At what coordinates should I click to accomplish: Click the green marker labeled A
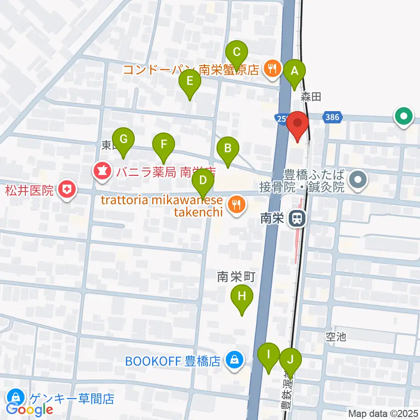[x=294, y=70]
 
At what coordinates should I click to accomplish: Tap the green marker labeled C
[x=237, y=53]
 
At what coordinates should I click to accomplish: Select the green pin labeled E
[x=190, y=81]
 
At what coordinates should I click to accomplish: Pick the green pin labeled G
[x=123, y=140]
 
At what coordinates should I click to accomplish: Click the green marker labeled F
[x=164, y=144]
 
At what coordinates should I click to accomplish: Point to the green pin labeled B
[x=227, y=148]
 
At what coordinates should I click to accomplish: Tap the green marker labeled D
[x=203, y=180]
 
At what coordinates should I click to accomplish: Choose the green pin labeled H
[x=242, y=297]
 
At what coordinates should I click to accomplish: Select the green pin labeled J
[x=290, y=360]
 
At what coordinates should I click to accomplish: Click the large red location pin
[x=298, y=123]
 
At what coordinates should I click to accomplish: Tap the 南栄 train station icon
[x=298, y=218]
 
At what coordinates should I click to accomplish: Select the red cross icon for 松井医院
[x=68, y=190]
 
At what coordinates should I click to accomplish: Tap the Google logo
[x=30, y=409]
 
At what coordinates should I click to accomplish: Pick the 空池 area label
[x=336, y=336]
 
